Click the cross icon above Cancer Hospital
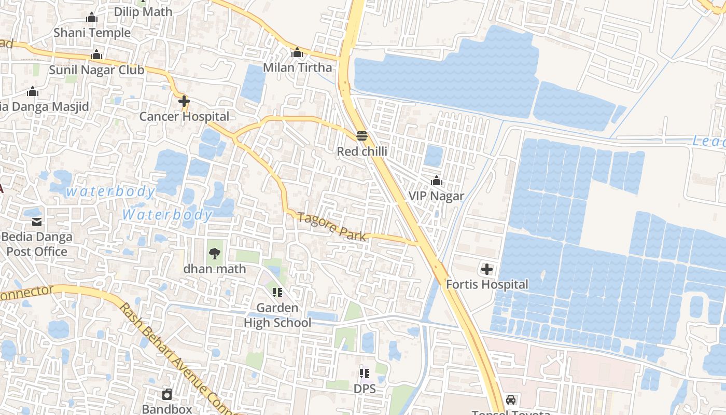coord(184,101)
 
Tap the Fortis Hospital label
coord(487,284)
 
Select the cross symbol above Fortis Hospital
coord(487,269)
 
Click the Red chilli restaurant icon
coord(362,136)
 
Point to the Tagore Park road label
coord(332,227)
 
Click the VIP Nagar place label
coord(436,196)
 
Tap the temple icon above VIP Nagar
coord(437,181)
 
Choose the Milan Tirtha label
coord(297,67)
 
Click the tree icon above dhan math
coord(214,254)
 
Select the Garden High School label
coord(277,315)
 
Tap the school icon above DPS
coord(365,373)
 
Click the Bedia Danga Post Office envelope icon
coord(37,222)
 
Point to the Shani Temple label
coord(92,33)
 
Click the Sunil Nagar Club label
coord(96,70)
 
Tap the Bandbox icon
coord(167,394)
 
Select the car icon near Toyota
coord(511,400)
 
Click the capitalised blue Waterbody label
coord(167,214)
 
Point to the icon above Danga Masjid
coord(33,92)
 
